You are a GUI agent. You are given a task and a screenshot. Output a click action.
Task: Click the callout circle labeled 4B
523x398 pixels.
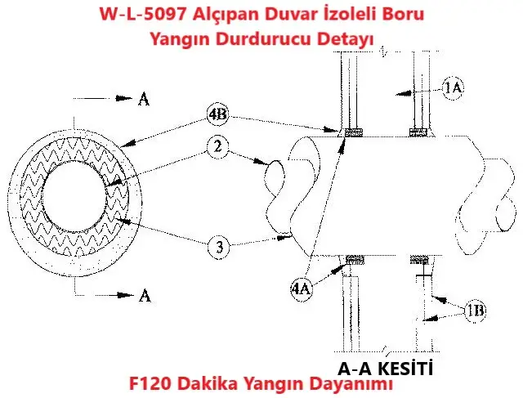217,115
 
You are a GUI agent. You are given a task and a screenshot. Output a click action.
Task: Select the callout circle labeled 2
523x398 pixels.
218,146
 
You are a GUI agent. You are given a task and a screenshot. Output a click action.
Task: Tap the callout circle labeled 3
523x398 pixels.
219,247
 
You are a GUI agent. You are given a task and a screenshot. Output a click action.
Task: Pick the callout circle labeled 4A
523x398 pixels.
302,288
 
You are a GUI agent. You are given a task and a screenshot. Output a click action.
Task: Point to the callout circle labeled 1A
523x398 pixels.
453,88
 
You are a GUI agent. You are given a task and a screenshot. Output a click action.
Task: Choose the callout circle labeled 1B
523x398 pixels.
475,311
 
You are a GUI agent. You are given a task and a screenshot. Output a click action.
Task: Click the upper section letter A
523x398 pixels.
144,99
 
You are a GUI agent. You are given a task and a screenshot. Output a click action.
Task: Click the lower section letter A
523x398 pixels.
145,296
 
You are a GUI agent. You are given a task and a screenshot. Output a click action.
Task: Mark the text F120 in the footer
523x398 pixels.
150,383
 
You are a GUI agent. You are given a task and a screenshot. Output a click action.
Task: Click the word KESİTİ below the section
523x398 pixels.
406,369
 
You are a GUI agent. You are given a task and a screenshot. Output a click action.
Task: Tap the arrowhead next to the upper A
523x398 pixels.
123,98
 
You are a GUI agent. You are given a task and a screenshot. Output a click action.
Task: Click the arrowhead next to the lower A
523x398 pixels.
125,295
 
